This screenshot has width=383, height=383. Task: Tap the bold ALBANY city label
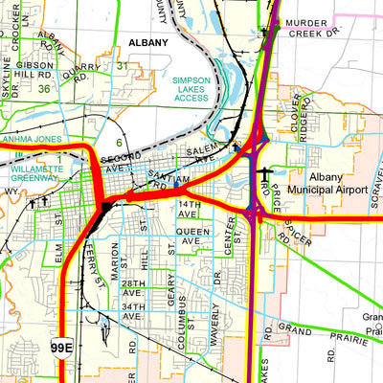[146, 43]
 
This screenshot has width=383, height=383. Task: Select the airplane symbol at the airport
[264, 176]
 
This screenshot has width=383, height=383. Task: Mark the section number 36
[45, 88]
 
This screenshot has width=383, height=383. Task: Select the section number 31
[123, 65]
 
